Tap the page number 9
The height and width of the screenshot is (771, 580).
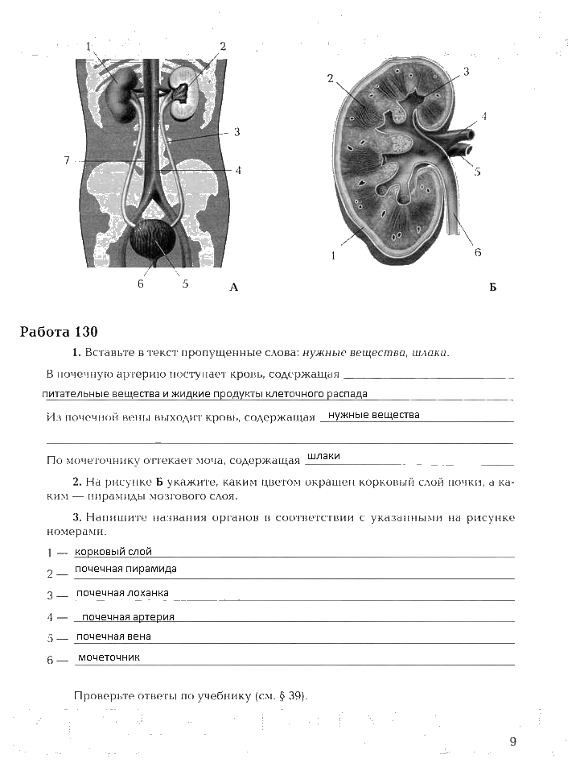coord(512,742)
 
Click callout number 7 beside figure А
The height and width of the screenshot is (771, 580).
coord(68,160)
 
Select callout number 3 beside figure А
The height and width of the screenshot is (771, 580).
coord(237,132)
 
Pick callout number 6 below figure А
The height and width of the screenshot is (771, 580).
coord(140,284)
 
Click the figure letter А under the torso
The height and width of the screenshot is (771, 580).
coord(233,287)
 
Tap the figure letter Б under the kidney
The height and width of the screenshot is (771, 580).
coord(492,287)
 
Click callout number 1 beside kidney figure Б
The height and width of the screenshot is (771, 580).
coord(333,256)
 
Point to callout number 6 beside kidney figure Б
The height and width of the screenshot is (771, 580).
coord(477,252)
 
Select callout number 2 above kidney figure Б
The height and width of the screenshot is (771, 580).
coord(331,78)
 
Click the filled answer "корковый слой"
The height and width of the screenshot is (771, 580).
coord(113,552)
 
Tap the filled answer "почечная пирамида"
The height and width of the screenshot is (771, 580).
coord(125,569)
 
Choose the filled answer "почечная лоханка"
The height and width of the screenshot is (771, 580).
coord(122,593)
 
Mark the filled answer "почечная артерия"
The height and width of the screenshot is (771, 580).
coord(128,617)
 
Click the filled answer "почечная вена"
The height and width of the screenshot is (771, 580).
coord(113,636)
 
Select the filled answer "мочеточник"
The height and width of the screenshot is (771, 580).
coord(109,657)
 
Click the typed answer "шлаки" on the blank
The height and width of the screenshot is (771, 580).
coord(323,456)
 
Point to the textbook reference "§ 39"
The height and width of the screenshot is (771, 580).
coord(290,696)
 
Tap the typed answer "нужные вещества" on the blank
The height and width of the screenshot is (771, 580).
coord(369,415)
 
